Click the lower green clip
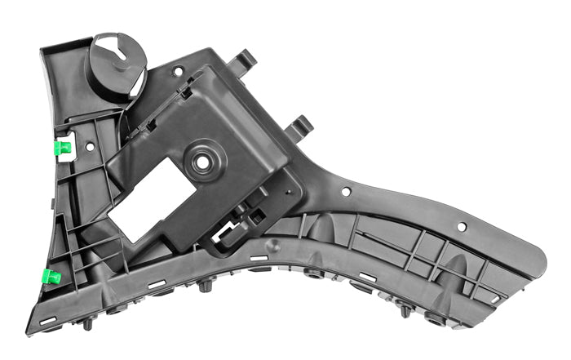pos(51,276)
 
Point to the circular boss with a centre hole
pos(201,161)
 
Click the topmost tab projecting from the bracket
pos(244,60)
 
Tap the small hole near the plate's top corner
pos(178,72)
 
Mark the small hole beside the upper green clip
pos(90,147)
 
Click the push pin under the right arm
pos(404,311)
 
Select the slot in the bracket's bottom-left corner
pos(46,320)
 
